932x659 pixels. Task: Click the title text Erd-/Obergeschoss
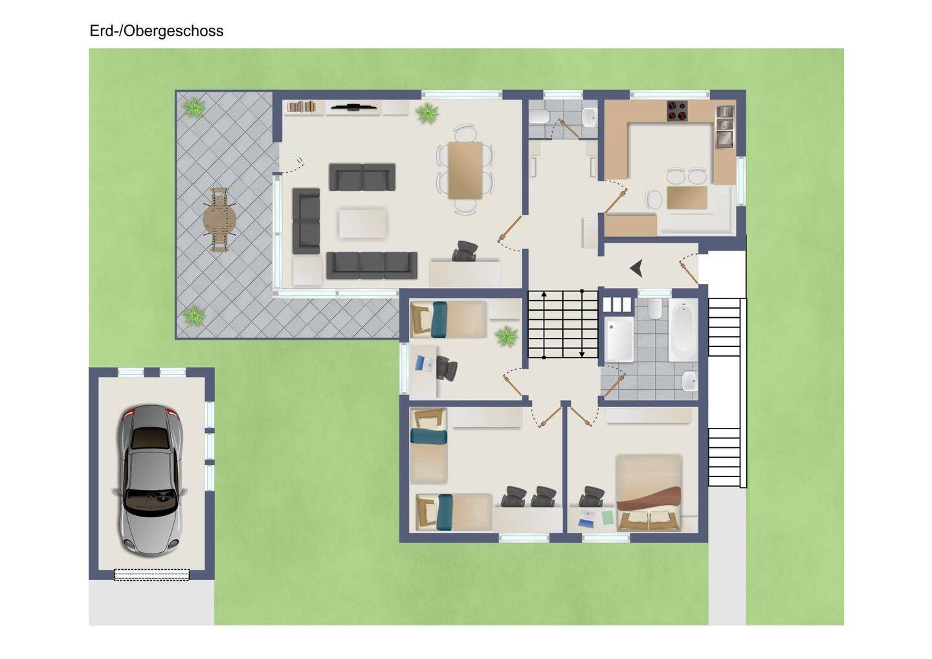click(157, 31)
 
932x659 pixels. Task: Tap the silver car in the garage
click(150, 481)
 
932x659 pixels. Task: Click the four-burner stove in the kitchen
click(678, 111)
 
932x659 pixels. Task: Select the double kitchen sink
click(725, 126)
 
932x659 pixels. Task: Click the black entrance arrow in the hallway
click(637, 269)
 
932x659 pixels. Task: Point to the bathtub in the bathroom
click(683, 330)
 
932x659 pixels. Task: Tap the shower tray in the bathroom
click(619, 339)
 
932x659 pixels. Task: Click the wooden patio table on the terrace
click(219, 219)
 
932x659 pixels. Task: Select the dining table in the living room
click(465, 170)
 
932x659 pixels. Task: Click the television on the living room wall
click(353, 107)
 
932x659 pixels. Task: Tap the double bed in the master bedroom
click(649, 493)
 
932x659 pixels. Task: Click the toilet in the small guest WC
click(540, 117)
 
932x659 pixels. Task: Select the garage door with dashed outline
click(151, 575)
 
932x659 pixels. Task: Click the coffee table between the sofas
click(363, 223)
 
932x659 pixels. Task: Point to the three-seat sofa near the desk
click(372, 265)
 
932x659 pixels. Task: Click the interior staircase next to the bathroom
click(563, 324)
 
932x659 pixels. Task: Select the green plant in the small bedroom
click(506, 336)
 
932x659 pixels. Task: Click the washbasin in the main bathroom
click(690, 381)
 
